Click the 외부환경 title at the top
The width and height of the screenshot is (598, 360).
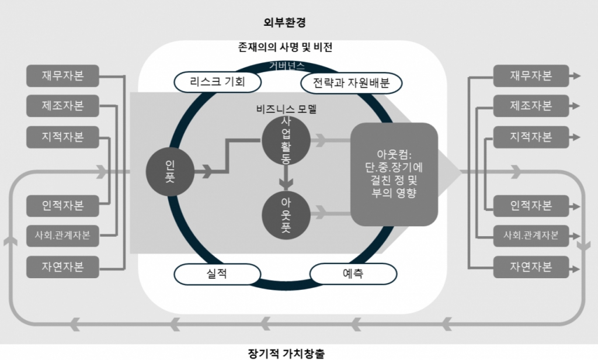(x=284, y=23)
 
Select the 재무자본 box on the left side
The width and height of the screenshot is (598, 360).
(x=62, y=76)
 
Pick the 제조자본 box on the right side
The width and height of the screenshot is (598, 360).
(x=530, y=106)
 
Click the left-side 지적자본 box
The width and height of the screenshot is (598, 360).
(x=62, y=137)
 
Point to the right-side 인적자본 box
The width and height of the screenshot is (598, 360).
(x=530, y=206)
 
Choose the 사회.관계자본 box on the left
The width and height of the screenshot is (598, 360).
(x=62, y=236)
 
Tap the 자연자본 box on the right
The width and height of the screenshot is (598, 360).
(x=530, y=267)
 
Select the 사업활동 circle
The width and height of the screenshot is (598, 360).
(x=286, y=140)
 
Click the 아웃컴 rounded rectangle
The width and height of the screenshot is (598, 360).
(x=394, y=174)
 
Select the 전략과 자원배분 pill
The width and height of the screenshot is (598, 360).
(x=351, y=83)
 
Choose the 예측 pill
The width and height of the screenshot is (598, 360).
(x=353, y=274)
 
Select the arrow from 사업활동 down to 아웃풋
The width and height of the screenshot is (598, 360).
(x=286, y=178)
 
